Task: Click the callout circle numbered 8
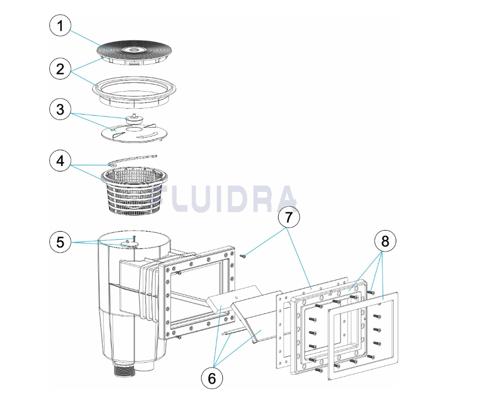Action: click(385, 242)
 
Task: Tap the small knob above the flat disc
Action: click(133, 119)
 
